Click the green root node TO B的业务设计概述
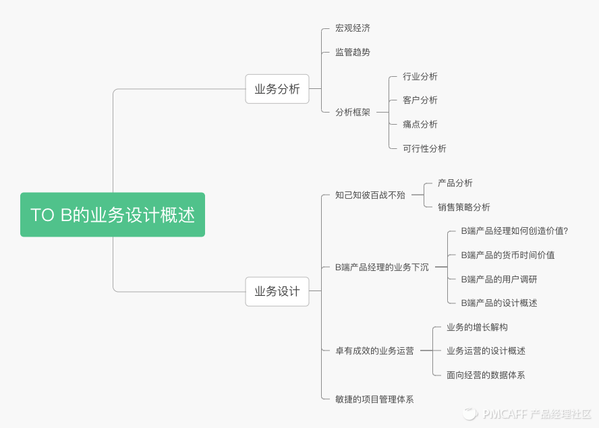112,215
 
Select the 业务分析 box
277,89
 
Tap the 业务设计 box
277,292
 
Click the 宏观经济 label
353,28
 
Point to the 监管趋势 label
353,52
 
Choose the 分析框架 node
353,112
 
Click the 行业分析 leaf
420,76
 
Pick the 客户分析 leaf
420,100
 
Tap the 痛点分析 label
420,124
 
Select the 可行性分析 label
424,148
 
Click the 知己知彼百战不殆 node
370,195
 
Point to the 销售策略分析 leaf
464,207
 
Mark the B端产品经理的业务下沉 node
382,267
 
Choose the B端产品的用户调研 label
499,279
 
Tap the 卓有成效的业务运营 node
374,350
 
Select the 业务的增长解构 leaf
477,327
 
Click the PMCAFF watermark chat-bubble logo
469,412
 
